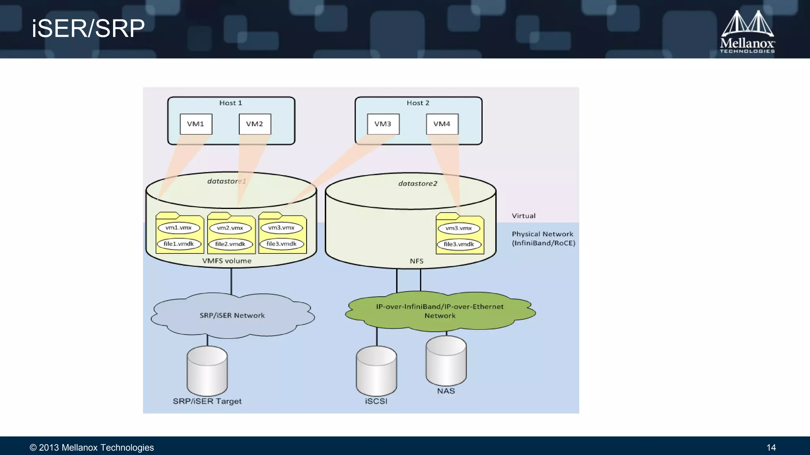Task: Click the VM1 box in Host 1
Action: (x=196, y=124)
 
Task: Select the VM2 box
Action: (x=255, y=124)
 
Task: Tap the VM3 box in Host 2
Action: (x=383, y=124)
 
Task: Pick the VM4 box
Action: (x=442, y=124)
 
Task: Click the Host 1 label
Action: (x=231, y=103)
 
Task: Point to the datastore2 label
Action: (x=418, y=184)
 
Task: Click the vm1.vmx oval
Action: (x=178, y=228)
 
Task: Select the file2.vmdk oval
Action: (x=230, y=244)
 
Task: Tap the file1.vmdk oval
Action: (x=179, y=244)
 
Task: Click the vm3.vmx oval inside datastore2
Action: (x=458, y=228)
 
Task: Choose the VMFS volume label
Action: (x=227, y=261)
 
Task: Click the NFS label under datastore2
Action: (x=416, y=261)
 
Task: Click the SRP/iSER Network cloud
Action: (x=232, y=316)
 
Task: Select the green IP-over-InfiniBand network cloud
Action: (x=440, y=311)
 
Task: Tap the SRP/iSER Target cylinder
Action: (x=207, y=371)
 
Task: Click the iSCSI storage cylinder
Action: (x=376, y=371)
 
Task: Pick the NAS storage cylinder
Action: (x=446, y=361)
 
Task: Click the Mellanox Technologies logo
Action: (x=747, y=32)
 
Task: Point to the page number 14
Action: (x=771, y=447)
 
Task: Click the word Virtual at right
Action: (x=524, y=216)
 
